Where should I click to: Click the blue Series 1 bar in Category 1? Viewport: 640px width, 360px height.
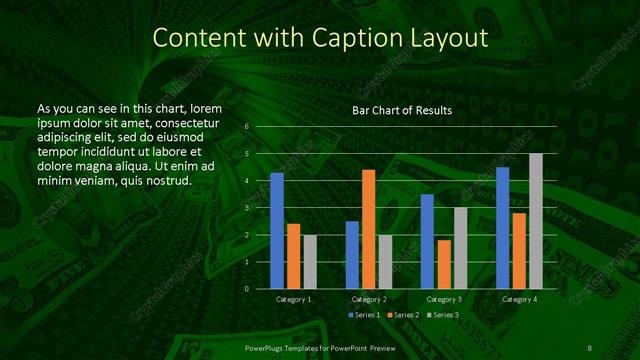coord(277,231)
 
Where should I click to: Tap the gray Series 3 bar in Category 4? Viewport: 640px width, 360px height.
coord(535,221)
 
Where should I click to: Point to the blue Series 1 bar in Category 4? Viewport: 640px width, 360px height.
coord(503,228)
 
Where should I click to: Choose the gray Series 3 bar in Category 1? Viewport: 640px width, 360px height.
coord(310,262)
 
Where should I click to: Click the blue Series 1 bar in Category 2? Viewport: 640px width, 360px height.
coord(352,255)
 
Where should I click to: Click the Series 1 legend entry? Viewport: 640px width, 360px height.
coord(365,315)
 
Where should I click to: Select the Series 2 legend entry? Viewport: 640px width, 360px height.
coord(402,315)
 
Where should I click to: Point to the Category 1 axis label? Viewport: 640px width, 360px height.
coord(293,299)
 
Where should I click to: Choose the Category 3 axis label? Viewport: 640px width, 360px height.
coord(443,299)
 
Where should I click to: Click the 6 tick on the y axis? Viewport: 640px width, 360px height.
coord(247,127)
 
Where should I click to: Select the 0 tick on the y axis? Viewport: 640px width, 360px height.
coord(247,289)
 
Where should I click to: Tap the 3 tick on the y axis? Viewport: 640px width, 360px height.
coord(247,208)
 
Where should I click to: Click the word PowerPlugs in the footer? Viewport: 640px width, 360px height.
coord(266,346)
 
